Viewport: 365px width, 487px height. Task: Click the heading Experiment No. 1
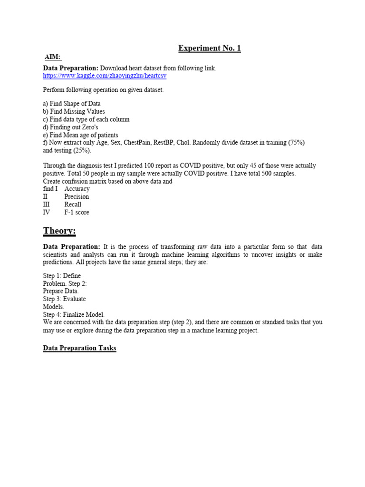(209, 48)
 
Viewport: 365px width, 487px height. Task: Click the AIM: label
(53, 57)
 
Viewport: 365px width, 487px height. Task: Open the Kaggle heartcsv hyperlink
(105, 76)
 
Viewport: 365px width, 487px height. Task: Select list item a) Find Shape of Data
(72, 104)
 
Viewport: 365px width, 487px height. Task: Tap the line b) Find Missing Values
(74, 111)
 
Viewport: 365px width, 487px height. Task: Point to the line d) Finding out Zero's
(70, 127)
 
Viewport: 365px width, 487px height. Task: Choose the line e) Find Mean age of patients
(80, 135)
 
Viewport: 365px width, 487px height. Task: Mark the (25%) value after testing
(82, 150)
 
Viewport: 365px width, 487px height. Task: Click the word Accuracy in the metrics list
(77, 189)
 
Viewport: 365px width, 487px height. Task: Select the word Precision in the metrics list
(77, 196)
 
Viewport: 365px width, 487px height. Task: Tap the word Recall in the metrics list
(73, 205)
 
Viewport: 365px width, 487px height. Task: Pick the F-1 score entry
(77, 212)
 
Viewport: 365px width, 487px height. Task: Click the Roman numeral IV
(47, 212)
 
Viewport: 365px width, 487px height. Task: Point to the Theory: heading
(59, 231)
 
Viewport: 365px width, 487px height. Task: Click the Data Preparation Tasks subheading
(79, 348)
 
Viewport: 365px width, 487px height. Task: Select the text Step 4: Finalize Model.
(74, 314)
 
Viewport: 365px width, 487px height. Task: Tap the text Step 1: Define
(62, 276)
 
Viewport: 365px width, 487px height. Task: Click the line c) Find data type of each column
(86, 119)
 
